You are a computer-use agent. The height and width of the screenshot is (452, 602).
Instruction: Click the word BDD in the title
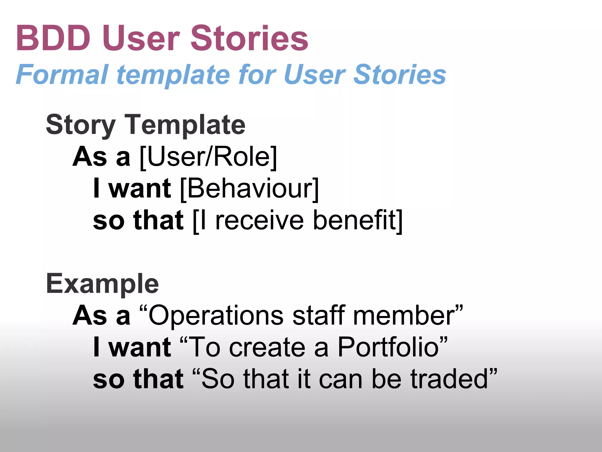[53, 38]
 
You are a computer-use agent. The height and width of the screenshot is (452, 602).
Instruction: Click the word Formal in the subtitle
[62, 75]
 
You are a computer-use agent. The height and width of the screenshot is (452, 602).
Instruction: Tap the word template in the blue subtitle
[173, 75]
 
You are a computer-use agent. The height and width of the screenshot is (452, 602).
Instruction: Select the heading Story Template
[146, 125]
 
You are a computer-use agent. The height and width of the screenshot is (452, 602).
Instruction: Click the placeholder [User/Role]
[208, 157]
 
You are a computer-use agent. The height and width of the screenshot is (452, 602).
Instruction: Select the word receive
[259, 221]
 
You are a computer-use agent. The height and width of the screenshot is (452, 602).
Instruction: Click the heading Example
[102, 284]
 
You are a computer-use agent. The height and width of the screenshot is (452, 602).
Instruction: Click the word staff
[319, 315]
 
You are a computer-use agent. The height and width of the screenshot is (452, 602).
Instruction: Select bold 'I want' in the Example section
[132, 347]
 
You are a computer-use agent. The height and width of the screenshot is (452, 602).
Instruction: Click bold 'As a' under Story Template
[101, 157]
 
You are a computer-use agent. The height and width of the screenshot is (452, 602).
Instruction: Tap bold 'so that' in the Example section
[138, 379]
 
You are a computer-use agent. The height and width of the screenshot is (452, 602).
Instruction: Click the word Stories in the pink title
[249, 38]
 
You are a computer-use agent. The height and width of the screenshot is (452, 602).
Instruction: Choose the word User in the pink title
[141, 38]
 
